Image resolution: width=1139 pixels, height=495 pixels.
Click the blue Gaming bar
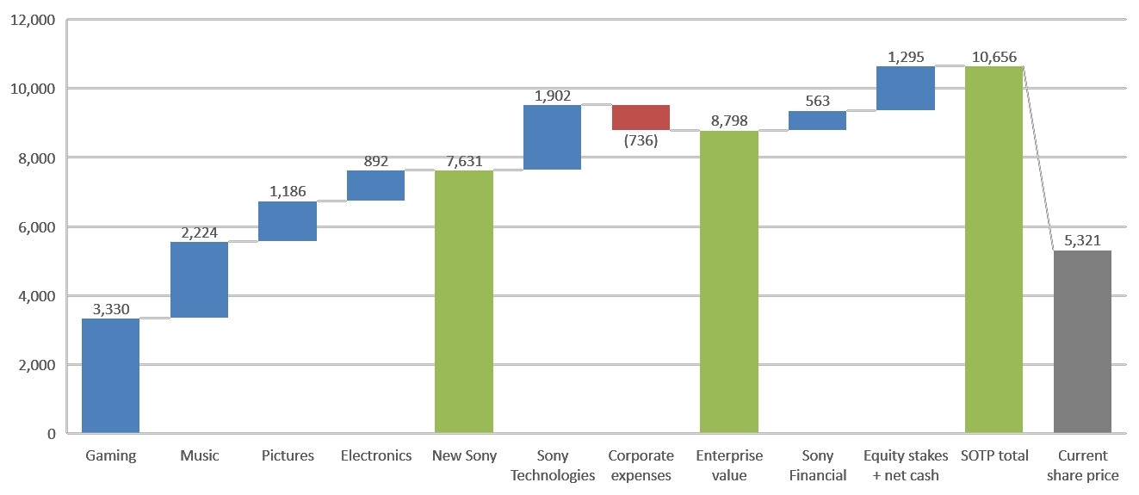(x=110, y=375)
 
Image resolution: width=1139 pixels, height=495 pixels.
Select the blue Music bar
(x=199, y=280)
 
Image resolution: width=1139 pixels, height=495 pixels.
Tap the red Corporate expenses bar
(x=641, y=117)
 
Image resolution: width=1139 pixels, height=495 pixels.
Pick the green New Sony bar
(x=463, y=301)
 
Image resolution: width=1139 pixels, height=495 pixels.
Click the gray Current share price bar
(x=1082, y=342)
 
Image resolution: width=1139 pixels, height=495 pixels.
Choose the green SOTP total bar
(x=994, y=250)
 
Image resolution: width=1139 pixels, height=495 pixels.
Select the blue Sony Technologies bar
(x=552, y=137)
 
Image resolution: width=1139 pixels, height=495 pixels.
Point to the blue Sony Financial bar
(x=817, y=121)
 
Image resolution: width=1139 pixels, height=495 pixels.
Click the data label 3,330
(x=110, y=309)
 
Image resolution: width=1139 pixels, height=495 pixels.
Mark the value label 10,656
(x=994, y=57)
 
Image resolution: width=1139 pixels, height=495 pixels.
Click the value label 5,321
(x=1082, y=241)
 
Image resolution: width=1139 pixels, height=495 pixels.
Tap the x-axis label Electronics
(x=375, y=455)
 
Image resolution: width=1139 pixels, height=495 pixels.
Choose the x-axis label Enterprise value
(x=728, y=465)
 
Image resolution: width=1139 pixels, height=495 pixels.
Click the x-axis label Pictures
(x=288, y=455)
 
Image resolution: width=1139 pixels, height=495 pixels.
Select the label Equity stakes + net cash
(x=905, y=465)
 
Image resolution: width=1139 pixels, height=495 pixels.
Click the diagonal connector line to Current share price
(x=1038, y=158)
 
